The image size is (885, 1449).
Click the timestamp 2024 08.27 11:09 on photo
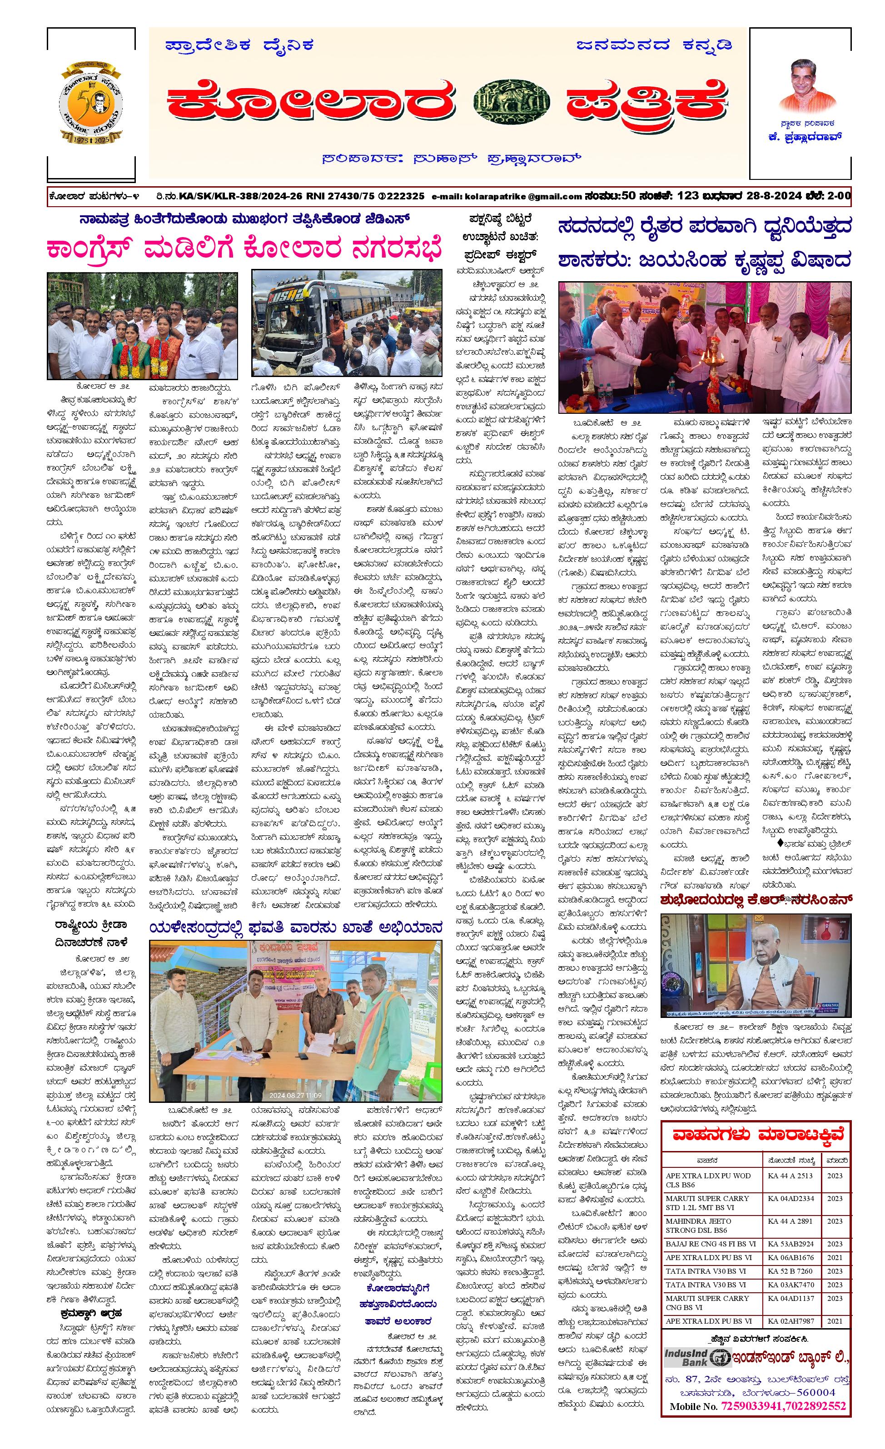295,1095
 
